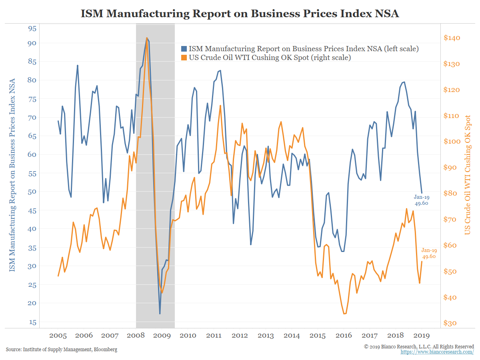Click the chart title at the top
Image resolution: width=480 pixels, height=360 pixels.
click(240, 13)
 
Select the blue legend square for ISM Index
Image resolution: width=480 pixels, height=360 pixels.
click(184, 49)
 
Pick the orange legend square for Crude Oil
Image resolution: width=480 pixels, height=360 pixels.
click(184, 58)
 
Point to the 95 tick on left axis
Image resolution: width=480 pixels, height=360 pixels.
click(32, 28)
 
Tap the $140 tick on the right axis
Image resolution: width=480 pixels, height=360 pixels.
click(452, 38)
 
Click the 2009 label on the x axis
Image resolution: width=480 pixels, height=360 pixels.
click(162, 335)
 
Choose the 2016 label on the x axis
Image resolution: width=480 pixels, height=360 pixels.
click(344, 335)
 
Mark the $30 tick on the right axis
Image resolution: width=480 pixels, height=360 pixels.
click(452, 323)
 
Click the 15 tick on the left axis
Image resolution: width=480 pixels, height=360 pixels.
click(32, 322)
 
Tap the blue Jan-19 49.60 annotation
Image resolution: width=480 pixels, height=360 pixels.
click(421, 200)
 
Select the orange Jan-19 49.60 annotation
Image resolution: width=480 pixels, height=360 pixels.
click(429, 253)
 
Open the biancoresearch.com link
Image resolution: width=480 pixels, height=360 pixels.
click(437, 352)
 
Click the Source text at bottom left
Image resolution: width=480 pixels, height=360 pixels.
click(62, 350)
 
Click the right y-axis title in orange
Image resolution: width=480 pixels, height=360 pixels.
click(467, 175)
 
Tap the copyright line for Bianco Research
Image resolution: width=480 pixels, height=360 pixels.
click(419, 346)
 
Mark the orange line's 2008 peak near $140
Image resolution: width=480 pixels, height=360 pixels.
click(147, 38)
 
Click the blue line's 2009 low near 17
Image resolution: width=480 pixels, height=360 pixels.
click(160, 314)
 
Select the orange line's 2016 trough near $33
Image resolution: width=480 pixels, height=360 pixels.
click(345, 314)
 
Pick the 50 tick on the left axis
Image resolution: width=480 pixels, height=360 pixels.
click(32, 192)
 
